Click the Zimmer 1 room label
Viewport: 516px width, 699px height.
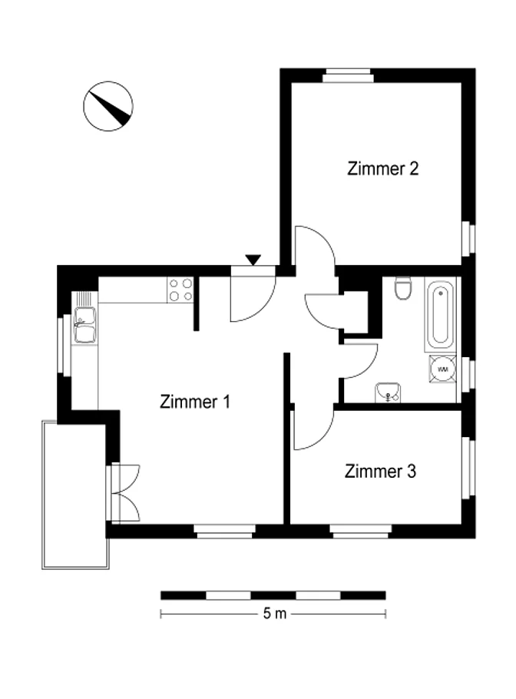195,402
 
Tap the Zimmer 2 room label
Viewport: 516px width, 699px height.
382,168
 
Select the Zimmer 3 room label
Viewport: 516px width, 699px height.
380,471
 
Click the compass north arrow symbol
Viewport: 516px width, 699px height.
107,106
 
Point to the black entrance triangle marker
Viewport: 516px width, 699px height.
253,260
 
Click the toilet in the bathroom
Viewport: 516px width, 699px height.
403,288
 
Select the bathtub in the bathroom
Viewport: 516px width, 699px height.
440,315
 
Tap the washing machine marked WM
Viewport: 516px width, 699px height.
442,369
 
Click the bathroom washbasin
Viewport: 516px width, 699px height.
388,393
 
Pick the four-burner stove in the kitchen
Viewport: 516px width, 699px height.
180,290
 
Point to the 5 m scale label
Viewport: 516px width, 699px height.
274,614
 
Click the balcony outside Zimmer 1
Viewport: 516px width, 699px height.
74,495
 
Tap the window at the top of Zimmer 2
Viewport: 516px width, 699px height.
348,75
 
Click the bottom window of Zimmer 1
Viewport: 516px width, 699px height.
224,531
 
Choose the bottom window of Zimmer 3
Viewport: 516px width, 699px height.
361,531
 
